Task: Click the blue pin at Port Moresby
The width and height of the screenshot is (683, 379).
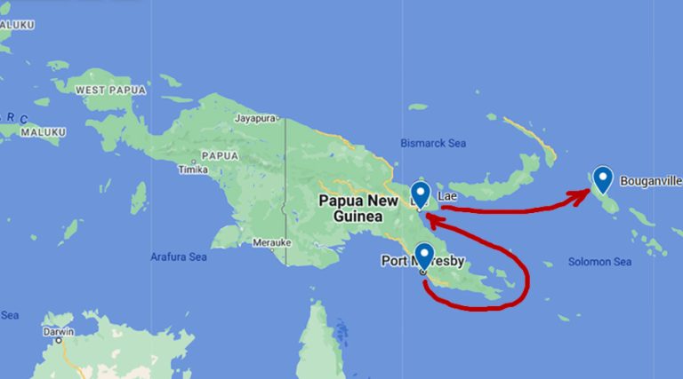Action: click(424, 255)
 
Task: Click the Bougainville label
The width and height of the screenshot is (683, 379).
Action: click(650, 180)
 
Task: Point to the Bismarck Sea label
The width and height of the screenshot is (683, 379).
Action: click(433, 142)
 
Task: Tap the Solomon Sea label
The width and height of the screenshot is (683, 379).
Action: click(599, 262)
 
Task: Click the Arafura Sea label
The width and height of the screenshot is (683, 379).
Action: click(178, 257)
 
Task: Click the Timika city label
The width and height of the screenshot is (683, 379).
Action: click(193, 169)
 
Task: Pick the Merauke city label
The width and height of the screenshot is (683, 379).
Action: click(272, 241)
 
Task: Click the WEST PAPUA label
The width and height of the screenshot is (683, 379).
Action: click(104, 91)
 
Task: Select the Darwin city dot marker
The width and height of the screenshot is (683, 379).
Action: click(59, 339)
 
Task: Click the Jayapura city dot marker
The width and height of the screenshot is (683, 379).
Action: click(278, 117)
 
